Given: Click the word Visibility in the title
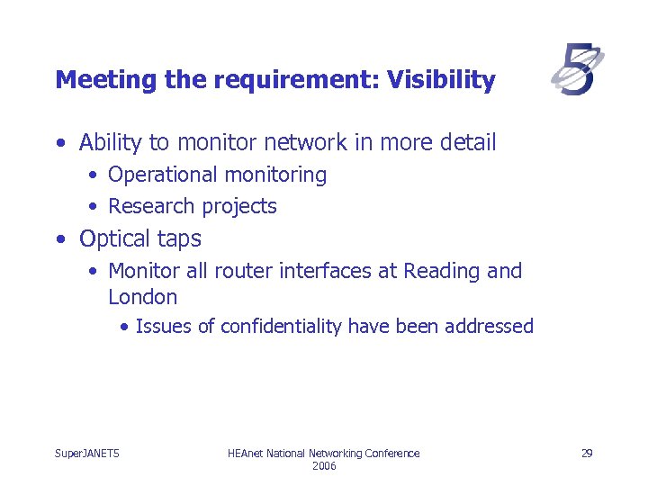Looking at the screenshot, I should pyautogui.click(x=441, y=80).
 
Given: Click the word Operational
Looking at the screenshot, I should pyautogui.click(x=163, y=175).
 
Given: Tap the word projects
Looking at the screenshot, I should pyautogui.click(x=238, y=206).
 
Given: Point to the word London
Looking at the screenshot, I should pyautogui.click(x=142, y=297).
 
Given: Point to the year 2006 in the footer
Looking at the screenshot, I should pyautogui.click(x=324, y=466).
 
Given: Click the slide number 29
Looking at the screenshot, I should pyautogui.click(x=586, y=453).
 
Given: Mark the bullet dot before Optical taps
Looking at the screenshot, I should pyautogui.click(x=59, y=239).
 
